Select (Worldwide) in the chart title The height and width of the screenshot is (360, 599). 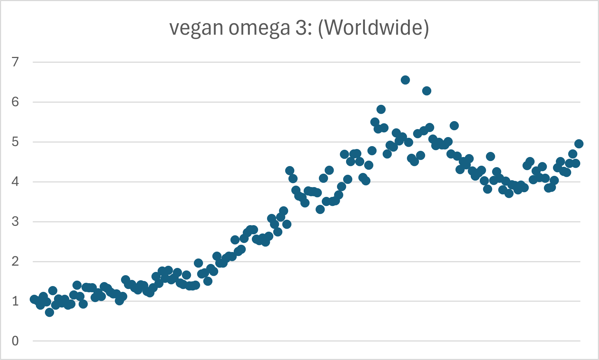point(373,28)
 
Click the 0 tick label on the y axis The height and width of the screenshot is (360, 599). point(15,341)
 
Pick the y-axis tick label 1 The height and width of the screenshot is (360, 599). point(15,301)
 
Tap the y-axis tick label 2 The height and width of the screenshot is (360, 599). point(15,261)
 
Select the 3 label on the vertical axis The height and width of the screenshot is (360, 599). point(15,222)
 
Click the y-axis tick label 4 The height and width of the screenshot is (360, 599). point(15,182)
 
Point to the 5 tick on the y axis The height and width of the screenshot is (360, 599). point(15,142)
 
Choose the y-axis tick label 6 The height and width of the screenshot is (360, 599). point(15,102)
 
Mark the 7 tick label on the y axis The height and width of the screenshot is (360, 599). point(15,62)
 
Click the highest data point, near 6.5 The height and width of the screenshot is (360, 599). point(405,80)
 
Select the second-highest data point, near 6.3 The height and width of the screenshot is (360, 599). point(427,91)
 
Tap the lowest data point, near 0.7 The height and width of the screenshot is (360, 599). point(49,312)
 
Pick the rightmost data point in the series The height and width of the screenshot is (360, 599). point(579,144)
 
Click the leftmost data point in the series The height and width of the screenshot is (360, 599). point(34,299)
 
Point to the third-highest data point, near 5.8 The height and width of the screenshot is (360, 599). point(381,109)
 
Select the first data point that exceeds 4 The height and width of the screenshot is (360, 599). point(289,170)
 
